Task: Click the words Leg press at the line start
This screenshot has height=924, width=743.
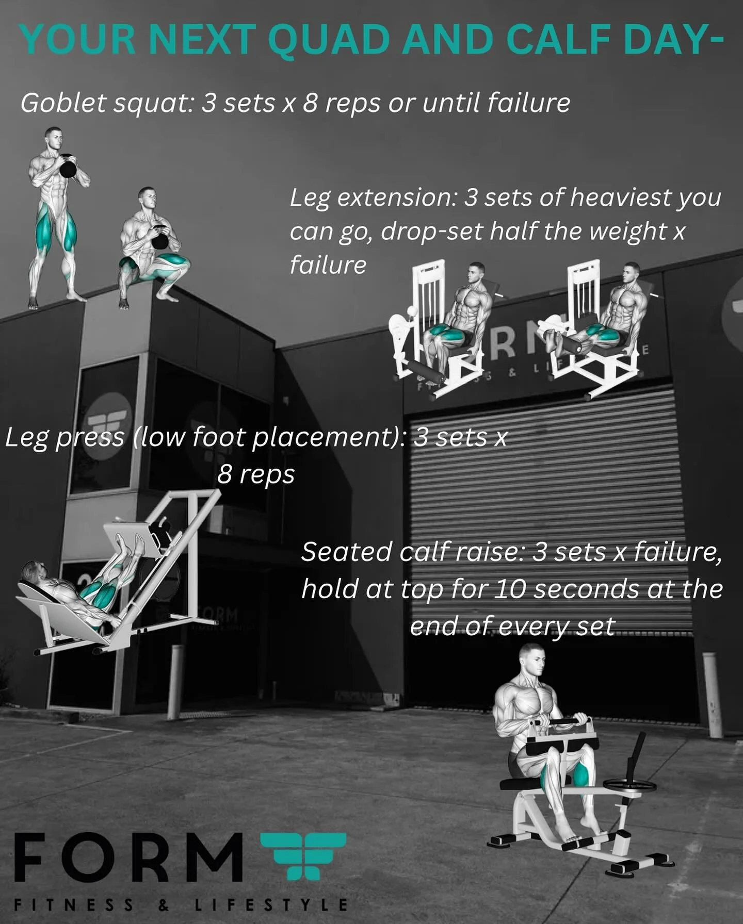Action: click(x=64, y=438)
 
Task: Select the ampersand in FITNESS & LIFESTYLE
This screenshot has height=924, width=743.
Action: click(x=164, y=905)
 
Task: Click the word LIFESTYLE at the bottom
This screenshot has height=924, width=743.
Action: click(x=271, y=905)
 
